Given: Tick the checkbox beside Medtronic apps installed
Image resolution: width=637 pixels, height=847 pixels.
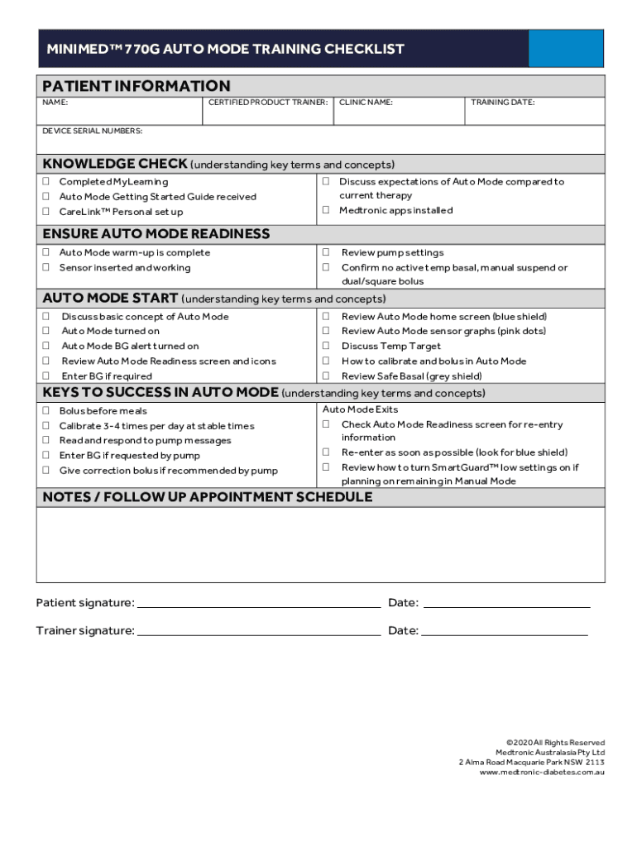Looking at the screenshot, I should (326, 210).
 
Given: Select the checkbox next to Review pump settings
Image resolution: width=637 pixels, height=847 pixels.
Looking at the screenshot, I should (326, 253).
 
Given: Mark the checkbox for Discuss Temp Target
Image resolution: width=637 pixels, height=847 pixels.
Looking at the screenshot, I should (326, 347).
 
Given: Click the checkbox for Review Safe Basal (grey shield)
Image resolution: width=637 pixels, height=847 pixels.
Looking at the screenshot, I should (326, 376).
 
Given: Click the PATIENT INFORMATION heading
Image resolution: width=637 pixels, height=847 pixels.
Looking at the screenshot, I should (136, 86).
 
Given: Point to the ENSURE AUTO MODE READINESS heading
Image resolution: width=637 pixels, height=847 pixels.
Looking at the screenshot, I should (156, 234).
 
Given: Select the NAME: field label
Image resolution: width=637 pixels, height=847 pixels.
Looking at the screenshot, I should (55, 103).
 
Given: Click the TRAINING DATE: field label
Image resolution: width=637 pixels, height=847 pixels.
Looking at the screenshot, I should (502, 103).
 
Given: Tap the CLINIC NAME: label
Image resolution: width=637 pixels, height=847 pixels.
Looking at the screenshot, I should (366, 103).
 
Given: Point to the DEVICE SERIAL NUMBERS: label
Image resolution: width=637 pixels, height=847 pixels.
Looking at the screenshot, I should (93, 131).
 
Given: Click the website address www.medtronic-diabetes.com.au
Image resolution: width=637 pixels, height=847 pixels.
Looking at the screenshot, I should (542, 773).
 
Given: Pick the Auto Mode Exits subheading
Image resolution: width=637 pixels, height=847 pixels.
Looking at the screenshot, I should (360, 409).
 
